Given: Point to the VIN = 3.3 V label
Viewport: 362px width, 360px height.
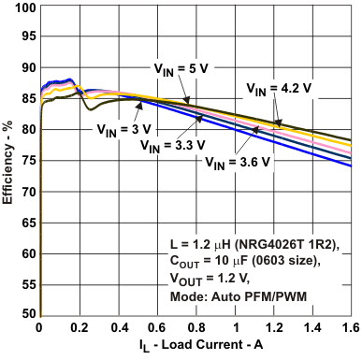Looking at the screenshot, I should coord(176,145).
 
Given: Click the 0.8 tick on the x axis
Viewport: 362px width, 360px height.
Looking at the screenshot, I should coord(195,328).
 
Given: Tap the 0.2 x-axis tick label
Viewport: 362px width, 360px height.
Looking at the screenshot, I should coord(79,328).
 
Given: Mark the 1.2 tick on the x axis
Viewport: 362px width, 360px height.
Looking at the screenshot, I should coord(275,328).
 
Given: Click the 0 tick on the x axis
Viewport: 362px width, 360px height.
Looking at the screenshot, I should coord(39,328).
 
